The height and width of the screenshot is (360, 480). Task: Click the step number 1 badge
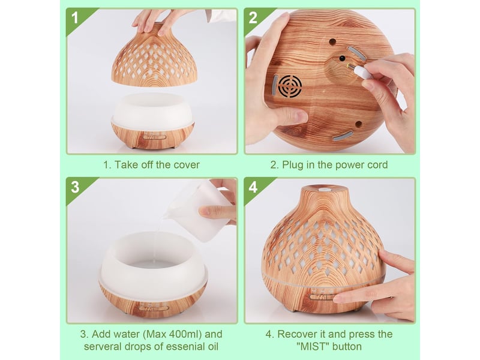coord(74,18)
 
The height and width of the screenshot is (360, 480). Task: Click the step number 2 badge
coord(253,18)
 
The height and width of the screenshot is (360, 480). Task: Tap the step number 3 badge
coord(75,187)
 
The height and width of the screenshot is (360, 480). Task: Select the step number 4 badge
coord(253,187)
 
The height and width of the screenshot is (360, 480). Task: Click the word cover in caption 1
coord(187,164)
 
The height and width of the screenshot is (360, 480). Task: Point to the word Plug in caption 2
coord(293,164)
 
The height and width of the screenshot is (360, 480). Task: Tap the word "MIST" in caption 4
coord(313,346)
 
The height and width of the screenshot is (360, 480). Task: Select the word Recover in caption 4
coord(296,334)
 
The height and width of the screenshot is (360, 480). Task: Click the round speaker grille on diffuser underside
coord(290,86)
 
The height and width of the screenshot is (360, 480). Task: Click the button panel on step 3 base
coord(153,308)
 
